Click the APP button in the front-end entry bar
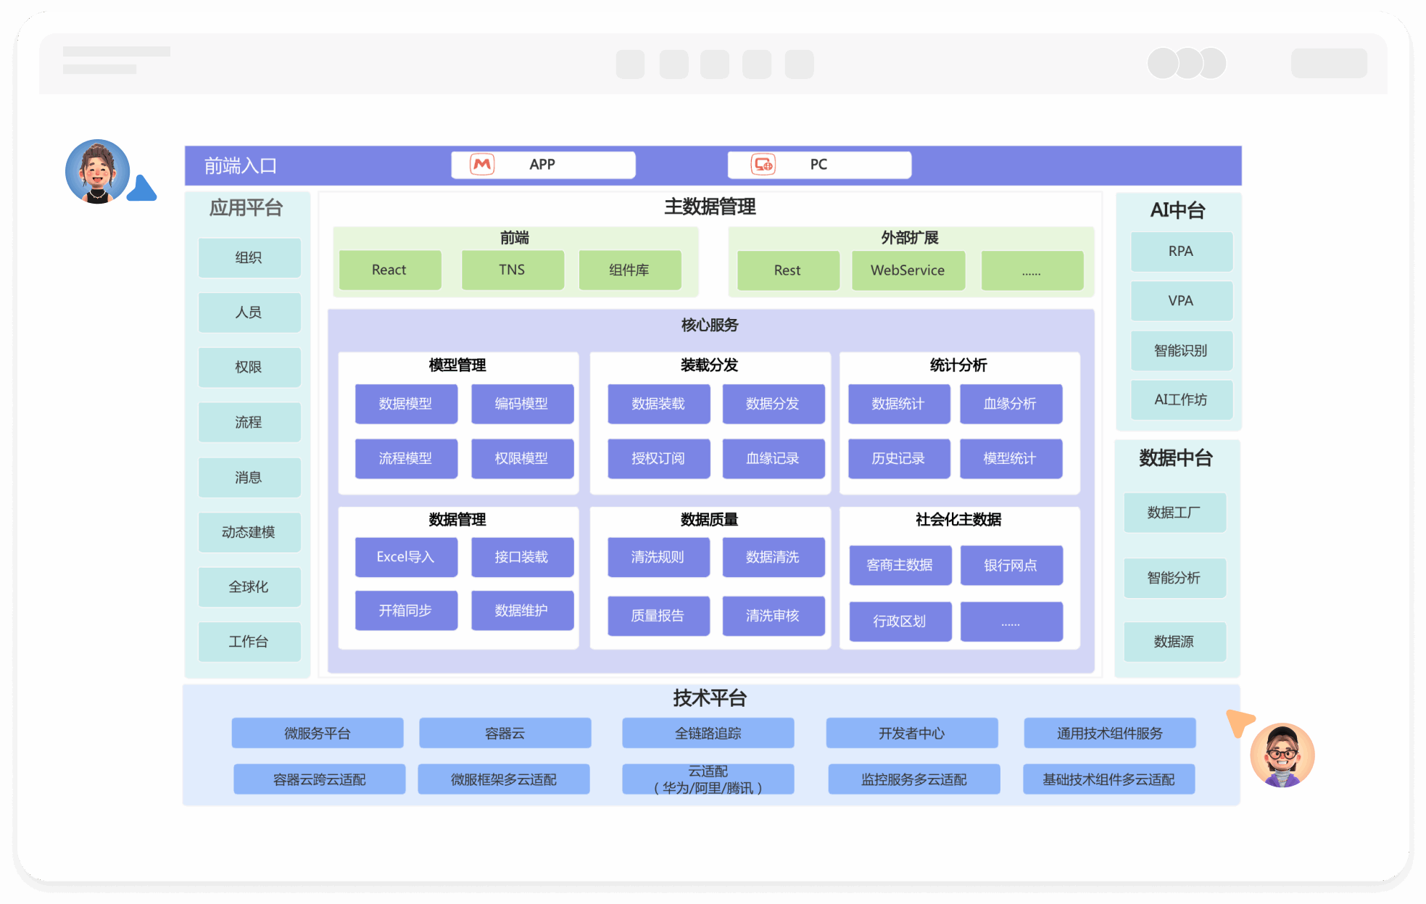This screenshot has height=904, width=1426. click(x=543, y=165)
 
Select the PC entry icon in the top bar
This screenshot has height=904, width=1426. click(x=763, y=165)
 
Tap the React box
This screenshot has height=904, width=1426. click(x=389, y=270)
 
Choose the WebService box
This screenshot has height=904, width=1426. click(x=908, y=270)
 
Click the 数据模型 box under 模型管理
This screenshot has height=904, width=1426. click(x=406, y=404)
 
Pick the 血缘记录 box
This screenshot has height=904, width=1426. click(x=773, y=458)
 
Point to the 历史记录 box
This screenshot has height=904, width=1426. click(x=898, y=458)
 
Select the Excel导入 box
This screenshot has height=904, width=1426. click(x=406, y=557)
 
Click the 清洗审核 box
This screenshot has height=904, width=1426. click(x=773, y=615)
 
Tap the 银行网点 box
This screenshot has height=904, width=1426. click(x=1011, y=565)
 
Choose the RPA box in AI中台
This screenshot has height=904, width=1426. click(x=1181, y=252)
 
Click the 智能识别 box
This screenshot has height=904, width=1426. click(x=1181, y=351)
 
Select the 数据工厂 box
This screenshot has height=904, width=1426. click(x=1174, y=513)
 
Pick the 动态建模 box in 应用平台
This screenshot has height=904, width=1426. click(x=249, y=532)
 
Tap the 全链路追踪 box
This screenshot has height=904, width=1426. click(x=708, y=734)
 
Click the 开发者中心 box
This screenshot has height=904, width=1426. click(x=911, y=734)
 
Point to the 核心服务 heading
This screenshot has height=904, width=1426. click(x=710, y=325)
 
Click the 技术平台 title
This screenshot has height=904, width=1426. click(x=710, y=698)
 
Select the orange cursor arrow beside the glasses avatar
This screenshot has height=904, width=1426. click(x=1239, y=722)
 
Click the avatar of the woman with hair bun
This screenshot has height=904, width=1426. click(x=98, y=172)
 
